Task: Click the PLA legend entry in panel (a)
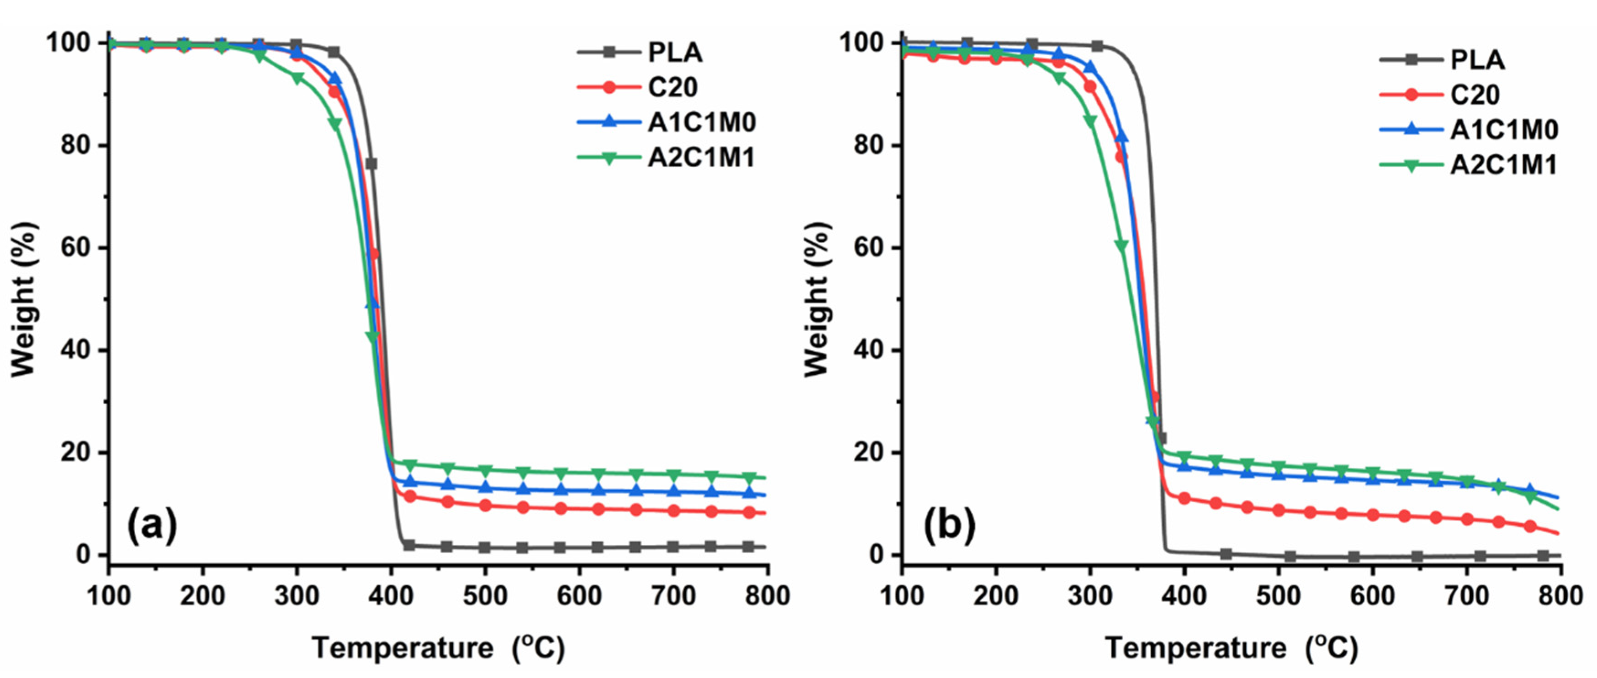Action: pyautogui.click(x=675, y=52)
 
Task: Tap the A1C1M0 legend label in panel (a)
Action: pyautogui.click(x=702, y=122)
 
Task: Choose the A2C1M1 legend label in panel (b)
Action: pyautogui.click(x=1503, y=165)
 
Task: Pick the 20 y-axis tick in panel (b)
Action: pyautogui.click(x=869, y=452)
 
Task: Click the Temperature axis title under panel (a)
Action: pyautogui.click(x=439, y=649)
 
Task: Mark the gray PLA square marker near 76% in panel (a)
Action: pyautogui.click(x=371, y=164)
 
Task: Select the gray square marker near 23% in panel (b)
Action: pyautogui.click(x=1161, y=438)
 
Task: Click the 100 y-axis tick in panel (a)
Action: pyautogui.click(x=68, y=43)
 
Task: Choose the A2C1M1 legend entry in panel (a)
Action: pyautogui.click(x=702, y=158)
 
